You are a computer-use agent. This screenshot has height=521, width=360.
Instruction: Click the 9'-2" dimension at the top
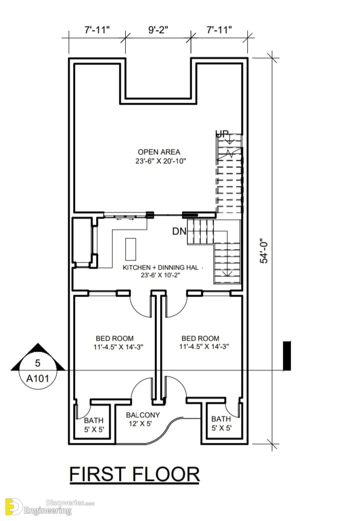click(158, 30)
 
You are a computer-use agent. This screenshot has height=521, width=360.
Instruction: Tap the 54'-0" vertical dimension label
click(264, 251)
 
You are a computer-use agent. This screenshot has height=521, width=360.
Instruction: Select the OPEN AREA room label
click(159, 152)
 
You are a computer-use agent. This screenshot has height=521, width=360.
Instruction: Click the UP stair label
click(222, 134)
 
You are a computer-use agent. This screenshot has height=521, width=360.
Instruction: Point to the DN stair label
click(179, 231)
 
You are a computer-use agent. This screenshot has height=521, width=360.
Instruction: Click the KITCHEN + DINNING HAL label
click(160, 268)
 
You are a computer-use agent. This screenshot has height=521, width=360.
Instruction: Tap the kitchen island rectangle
click(131, 249)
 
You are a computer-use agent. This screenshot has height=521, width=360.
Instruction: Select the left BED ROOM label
click(115, 338)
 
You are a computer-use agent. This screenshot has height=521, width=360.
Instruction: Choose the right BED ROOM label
click(200, 338)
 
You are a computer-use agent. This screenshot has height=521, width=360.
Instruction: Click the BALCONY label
click(143, 415)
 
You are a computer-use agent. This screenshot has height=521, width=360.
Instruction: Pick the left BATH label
click(94, 420)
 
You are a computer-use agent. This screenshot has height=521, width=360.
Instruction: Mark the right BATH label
click(221, 419)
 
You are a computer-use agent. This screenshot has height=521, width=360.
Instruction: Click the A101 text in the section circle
click(38, 378)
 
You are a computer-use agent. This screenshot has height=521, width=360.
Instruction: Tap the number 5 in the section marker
click(38, 363)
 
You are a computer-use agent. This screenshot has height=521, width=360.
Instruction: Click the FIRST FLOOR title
click(135, 474)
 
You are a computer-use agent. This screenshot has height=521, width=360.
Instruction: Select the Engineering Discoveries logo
click(50, 507)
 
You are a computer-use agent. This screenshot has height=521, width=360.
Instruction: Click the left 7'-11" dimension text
click(97, 30)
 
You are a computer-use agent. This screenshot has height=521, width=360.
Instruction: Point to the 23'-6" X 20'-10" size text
click(161, 161)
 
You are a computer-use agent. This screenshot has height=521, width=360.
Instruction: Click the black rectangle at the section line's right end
click(287, 356)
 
